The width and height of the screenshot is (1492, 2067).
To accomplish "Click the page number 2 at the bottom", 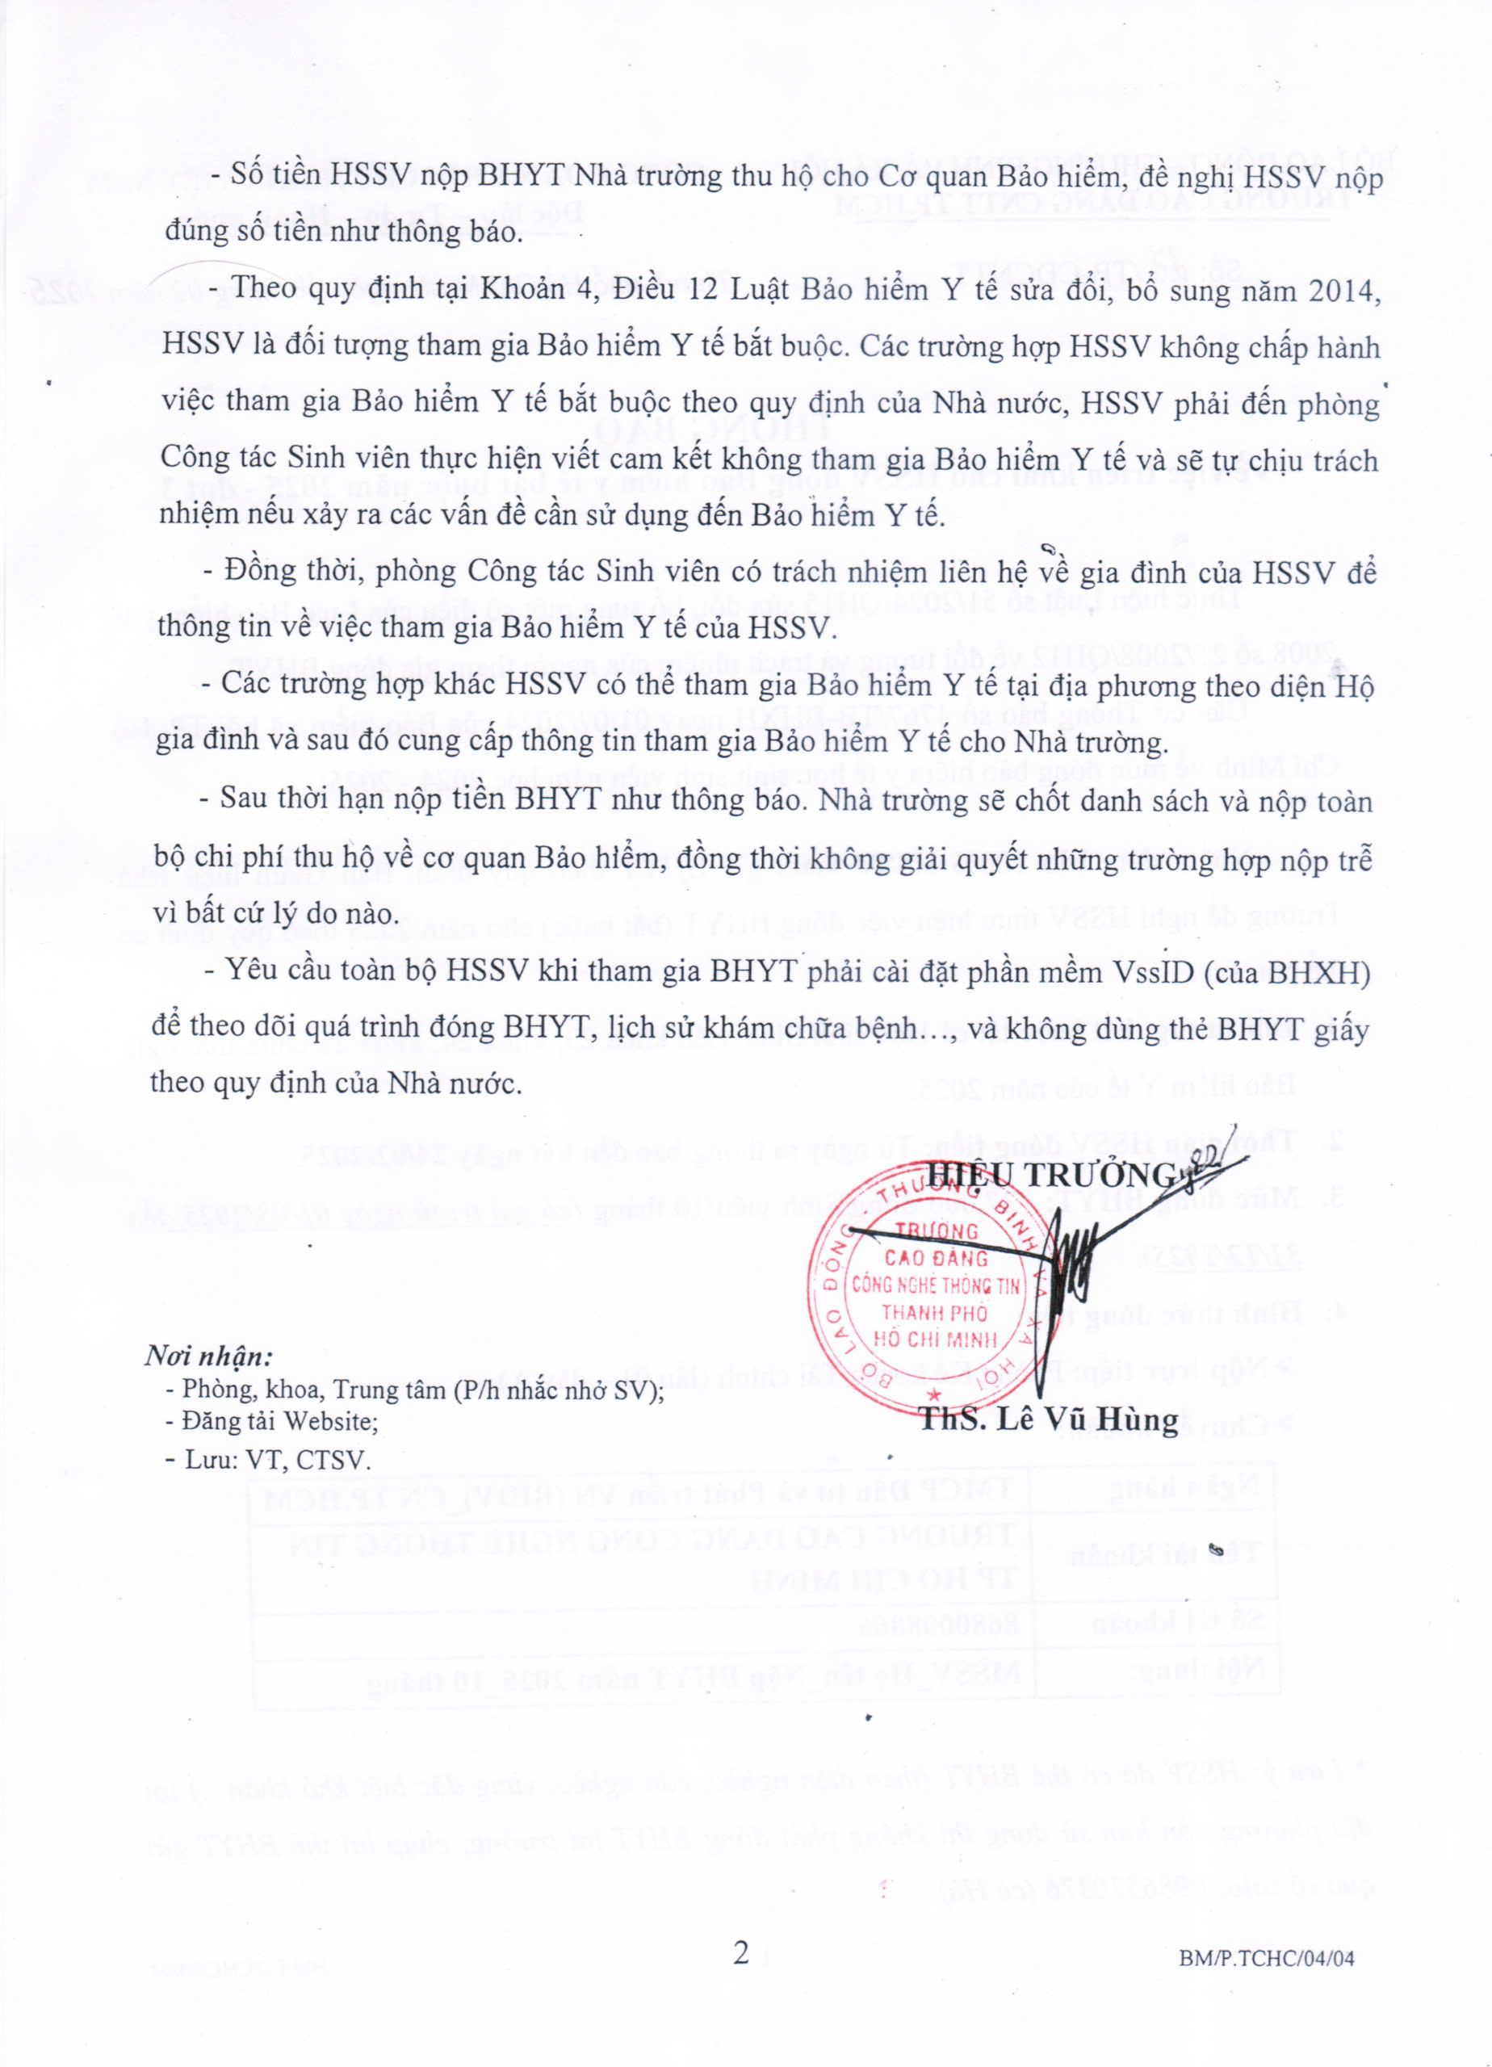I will click(741, 1952).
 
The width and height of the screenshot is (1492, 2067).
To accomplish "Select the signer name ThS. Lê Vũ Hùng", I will click(1049, 1419).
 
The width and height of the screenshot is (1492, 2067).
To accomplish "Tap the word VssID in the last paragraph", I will click(1153, 971).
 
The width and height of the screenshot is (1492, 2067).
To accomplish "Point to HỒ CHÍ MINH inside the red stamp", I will click(934, 1339).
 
